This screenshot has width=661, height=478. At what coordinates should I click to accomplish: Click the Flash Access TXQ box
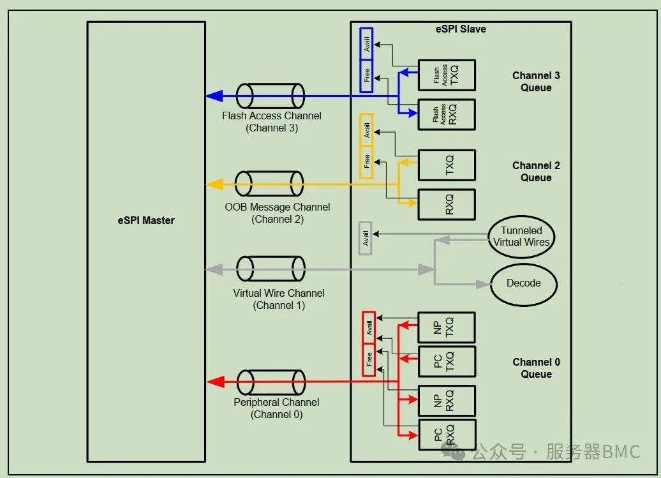pos(447,75)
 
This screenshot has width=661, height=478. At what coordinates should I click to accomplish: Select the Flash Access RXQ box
pos(447,115)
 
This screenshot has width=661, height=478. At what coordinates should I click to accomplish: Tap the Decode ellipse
pos(524,285)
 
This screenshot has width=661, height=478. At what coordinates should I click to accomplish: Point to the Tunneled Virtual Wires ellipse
pos(521,237)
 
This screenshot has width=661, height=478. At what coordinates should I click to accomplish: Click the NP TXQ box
pos(447,327)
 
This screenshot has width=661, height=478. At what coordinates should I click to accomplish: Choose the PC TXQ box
pos(447,362)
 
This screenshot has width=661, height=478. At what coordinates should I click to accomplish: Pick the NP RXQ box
pos(447,401)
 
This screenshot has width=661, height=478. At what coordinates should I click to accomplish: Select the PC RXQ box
pos(447,435)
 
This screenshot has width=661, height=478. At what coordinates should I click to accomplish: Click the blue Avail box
pos(366,44)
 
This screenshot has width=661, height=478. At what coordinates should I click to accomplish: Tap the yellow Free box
pos(366,162)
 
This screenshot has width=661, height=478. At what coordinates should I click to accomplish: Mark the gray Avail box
pos(365,238)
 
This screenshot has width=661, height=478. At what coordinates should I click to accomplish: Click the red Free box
pos(369,360)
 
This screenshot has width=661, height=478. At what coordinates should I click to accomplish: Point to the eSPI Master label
pos(146,220)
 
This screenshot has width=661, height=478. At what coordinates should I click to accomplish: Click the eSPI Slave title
pos(461,29)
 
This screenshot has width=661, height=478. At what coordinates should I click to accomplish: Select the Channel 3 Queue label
pos(536,81)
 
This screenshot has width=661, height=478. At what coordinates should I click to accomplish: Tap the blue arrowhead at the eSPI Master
pos(214,96)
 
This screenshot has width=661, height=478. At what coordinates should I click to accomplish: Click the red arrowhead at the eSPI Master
pos(215,382)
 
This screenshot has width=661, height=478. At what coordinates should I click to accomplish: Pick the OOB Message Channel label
pos(278,207)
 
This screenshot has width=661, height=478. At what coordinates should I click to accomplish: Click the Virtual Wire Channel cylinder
pos(271,269)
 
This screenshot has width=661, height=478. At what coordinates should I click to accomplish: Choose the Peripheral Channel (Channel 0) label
pos(276,408)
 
